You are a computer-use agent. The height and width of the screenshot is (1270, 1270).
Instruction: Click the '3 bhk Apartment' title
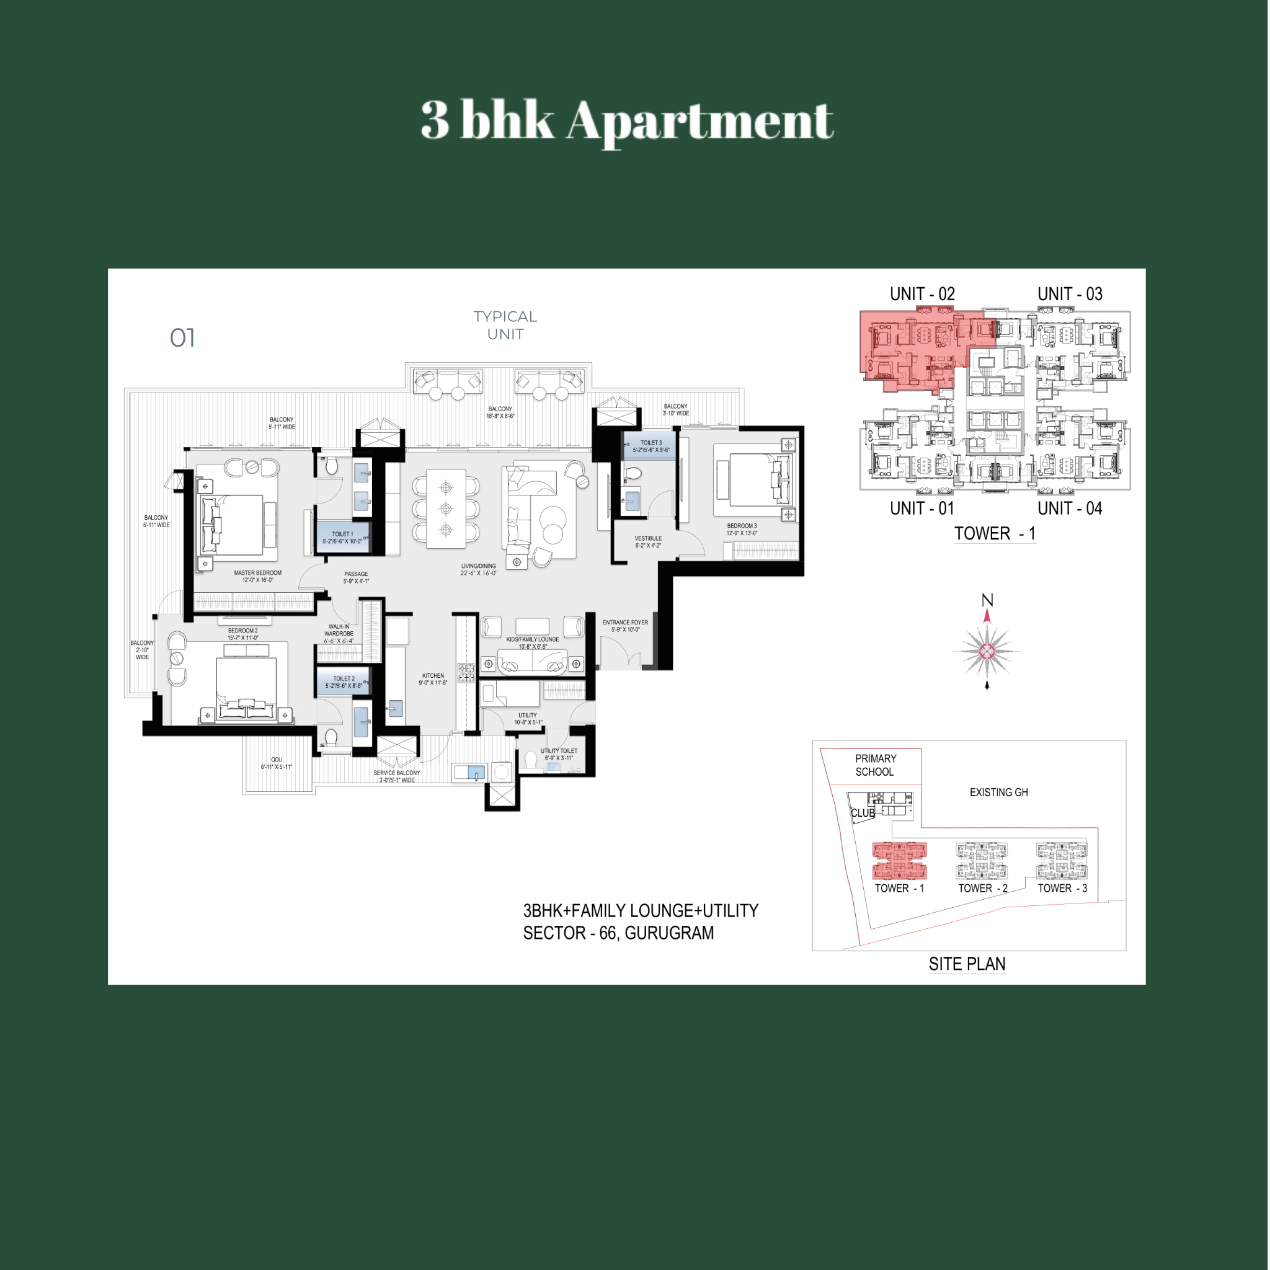pos(627,121)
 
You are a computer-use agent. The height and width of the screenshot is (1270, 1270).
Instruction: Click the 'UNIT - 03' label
pos(1070,294)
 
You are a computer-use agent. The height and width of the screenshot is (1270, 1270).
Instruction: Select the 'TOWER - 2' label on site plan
pos(983,888)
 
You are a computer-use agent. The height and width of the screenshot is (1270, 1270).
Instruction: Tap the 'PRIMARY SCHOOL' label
pos(875,765)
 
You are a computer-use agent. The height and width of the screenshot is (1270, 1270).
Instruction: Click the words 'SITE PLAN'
pos(967,964)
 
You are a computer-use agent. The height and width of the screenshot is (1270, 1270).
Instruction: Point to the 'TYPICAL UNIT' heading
pos(505,326)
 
